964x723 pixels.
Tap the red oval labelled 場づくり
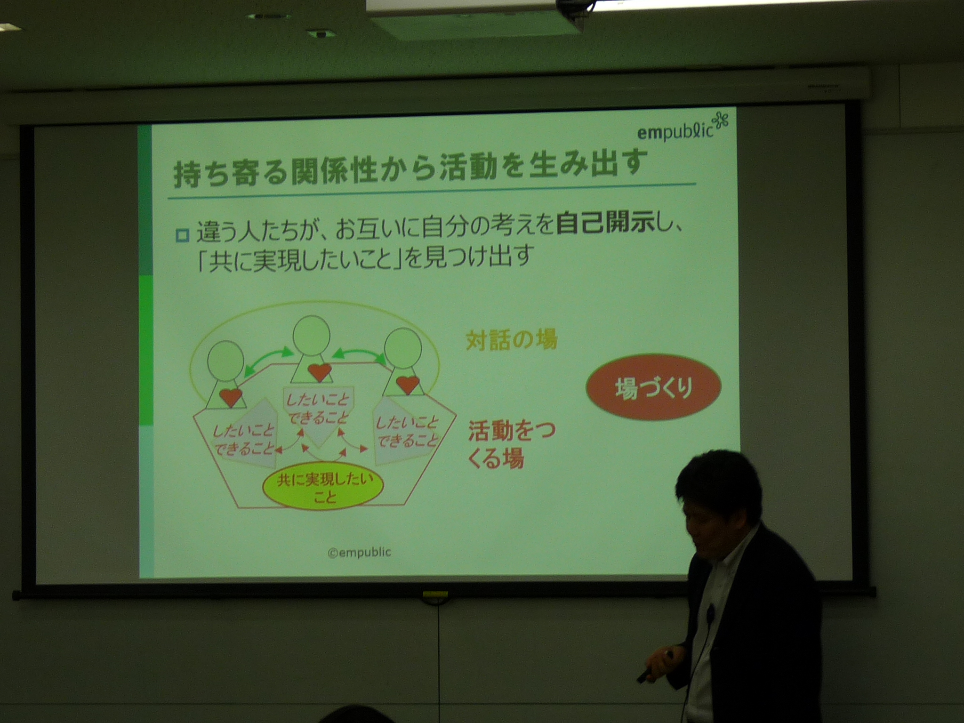click(x=653, y=389)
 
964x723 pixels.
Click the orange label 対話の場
click(x=511, y=340)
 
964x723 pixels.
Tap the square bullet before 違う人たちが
click(x=182, y=235)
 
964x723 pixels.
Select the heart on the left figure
click(x=231, y=398)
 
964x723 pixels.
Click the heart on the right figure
click(x=407, y=385)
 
